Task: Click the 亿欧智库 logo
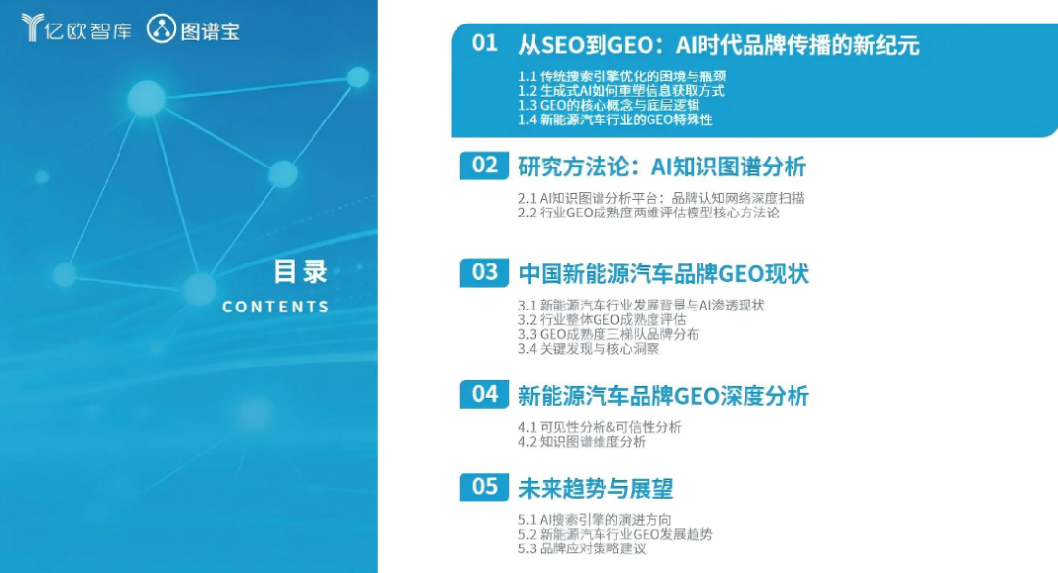pos(76,28)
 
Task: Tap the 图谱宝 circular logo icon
pos(162,29)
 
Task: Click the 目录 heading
pos(301,271)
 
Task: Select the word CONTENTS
pos(276,308)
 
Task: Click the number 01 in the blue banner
pos(485,43)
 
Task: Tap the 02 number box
pos(485,166)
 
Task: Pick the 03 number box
pos(485,272)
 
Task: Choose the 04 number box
pos(485,394)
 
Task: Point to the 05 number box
pos(485,487)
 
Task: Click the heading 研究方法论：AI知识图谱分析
pos(662,167)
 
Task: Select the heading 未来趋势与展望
pos(596,489)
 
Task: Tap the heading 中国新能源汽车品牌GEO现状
pos(664,274)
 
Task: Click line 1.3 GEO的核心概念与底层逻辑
pos(608,105)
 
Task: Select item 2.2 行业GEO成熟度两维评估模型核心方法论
pos(649,213)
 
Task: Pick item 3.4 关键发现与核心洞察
pos(589,349)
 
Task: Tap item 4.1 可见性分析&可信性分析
pos(600,426)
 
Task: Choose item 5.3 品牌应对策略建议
pos(582,549)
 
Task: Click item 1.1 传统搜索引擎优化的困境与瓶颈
pos(622,76)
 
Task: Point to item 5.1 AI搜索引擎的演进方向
pos(595,520)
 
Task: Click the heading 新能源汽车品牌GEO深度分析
pos(663,396)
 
